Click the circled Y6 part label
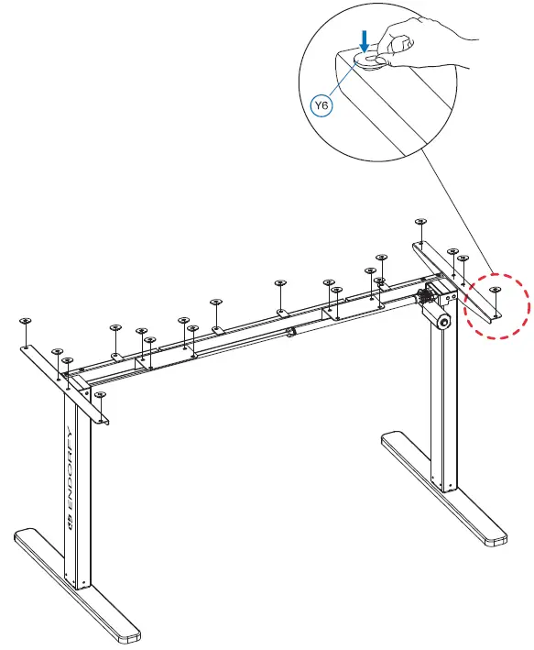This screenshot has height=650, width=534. click(322, 106)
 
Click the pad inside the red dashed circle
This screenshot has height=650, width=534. click(496, 291)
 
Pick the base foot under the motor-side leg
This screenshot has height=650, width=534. click(444, 490)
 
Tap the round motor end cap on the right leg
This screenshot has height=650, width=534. click(442, 323)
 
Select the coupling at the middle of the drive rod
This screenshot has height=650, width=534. click(289, 330)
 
